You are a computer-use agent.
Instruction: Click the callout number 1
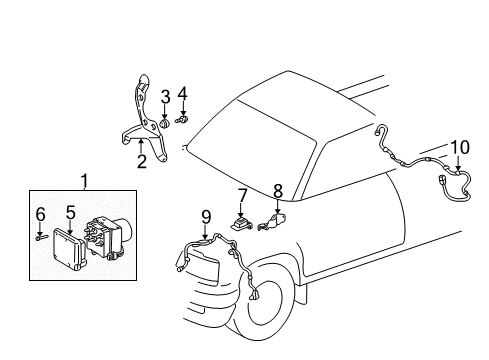coord(84,181)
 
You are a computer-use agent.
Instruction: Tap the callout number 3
coord(165,96)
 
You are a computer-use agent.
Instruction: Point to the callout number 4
coord(183,94)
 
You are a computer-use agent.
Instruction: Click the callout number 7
coord(241,193)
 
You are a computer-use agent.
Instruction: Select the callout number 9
coord(206,215)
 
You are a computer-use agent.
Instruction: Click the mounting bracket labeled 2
coord(140,111)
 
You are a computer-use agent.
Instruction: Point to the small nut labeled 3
coord(165,123)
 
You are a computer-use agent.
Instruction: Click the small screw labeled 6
coord(41,237)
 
